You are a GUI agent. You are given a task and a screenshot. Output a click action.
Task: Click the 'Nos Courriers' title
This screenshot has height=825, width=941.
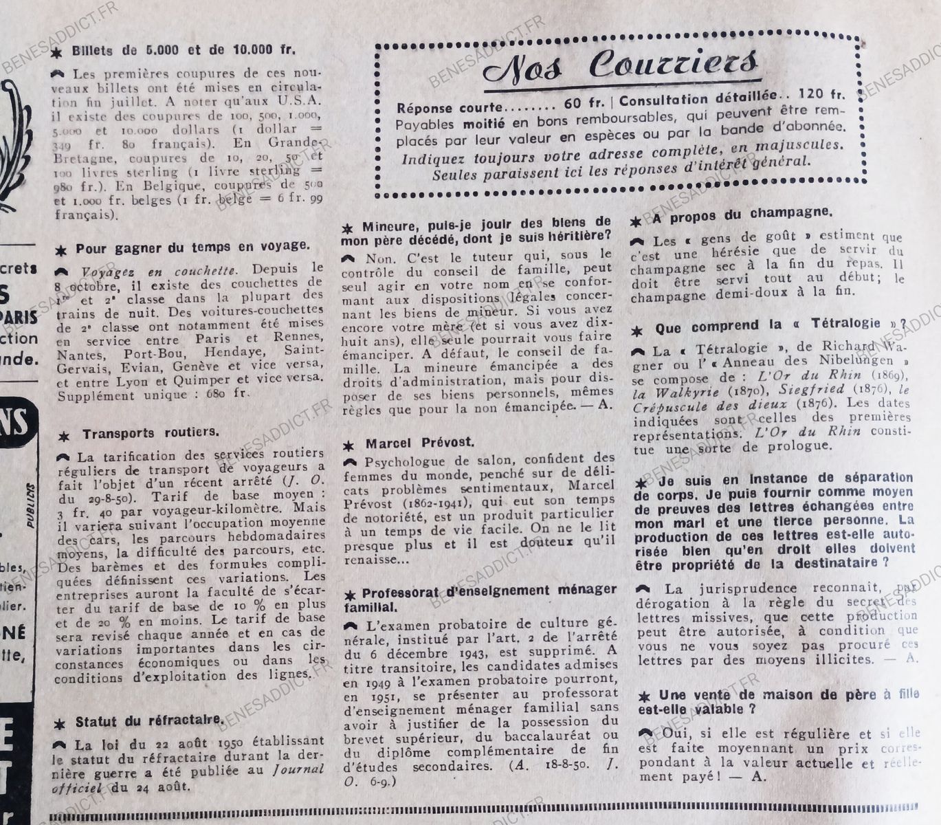point(621,65)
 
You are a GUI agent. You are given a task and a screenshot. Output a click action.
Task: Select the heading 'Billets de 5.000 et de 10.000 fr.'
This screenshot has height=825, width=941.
point(186,49)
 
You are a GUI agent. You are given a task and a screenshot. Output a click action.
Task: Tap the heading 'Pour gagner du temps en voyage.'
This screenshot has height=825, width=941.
point(192,247)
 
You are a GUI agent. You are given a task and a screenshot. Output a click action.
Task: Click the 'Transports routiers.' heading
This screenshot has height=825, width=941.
point(151,434)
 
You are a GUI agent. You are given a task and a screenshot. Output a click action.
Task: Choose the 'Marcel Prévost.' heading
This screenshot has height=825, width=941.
point(419,443)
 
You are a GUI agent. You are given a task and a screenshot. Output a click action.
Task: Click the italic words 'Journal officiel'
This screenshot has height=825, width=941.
point(186,779)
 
